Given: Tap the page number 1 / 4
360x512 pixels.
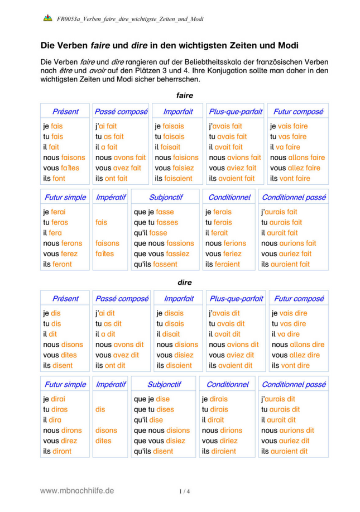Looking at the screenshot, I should [x=184, y=491].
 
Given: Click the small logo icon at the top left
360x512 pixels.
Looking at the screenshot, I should [x=47, y=18].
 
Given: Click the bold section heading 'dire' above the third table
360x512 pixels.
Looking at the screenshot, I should [x=184, y=283].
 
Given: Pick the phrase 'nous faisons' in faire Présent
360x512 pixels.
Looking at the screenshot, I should [x=64, y=157].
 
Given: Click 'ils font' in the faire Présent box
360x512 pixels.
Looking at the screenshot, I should [x=54, y=179].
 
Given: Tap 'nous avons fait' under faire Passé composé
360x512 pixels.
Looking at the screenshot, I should [x=120, y=157].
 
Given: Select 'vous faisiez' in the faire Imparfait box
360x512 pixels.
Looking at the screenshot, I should [x=175, y=168].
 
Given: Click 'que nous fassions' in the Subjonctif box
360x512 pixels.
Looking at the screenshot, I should [x=164, y=243].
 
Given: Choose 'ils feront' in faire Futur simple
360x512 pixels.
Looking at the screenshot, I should [x=57, y=264].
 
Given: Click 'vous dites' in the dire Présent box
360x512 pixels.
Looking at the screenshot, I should [x=60, y=355].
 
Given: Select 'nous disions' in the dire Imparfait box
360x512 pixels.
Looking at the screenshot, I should [x=177, y=344].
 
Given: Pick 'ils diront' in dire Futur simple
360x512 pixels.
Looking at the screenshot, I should [x=57, y=451].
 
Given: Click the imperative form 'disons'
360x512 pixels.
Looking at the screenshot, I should [x=106, y=430].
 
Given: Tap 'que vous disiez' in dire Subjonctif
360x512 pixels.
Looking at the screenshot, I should [x=159, y=441].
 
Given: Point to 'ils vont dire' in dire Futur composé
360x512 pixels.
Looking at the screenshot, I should [x=290, y=366].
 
